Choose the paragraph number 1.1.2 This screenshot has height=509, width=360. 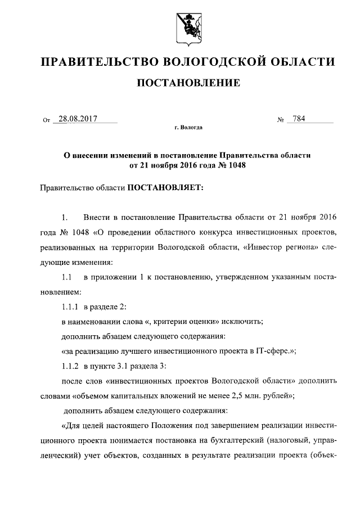pyautogui.click(x=71, y=366)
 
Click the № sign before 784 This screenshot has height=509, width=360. pyautogui.click(x=279, y=120)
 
